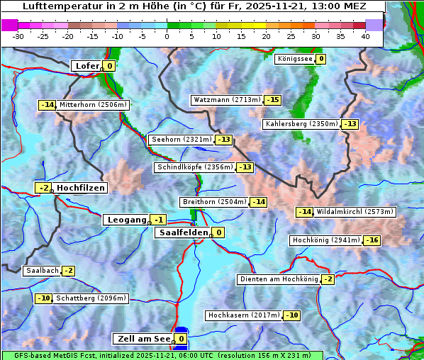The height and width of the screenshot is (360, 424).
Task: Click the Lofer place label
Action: [87, 66]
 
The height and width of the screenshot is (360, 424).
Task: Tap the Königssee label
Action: [294, 59]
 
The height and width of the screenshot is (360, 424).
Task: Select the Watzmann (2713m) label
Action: [226, 100]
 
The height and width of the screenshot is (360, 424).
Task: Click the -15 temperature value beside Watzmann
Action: [273, 100]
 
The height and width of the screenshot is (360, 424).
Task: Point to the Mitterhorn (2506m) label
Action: [93, 105]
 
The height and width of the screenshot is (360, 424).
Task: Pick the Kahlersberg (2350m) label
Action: [301, 124]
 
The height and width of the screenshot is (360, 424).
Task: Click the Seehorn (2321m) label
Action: [182, 140]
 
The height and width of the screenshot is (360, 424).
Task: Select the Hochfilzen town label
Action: [80, 188]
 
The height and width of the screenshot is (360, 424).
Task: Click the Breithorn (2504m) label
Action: [214, 202]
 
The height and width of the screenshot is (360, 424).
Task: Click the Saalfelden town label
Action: [183, 232]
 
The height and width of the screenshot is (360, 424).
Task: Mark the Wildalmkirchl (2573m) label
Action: [355, 212]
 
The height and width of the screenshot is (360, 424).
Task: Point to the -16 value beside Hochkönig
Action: [372, 240]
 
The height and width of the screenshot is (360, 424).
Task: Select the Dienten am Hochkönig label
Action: [278, 279]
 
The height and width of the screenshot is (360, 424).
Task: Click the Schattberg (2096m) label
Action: [91, 298]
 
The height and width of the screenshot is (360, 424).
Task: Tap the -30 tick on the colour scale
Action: [18, 35]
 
